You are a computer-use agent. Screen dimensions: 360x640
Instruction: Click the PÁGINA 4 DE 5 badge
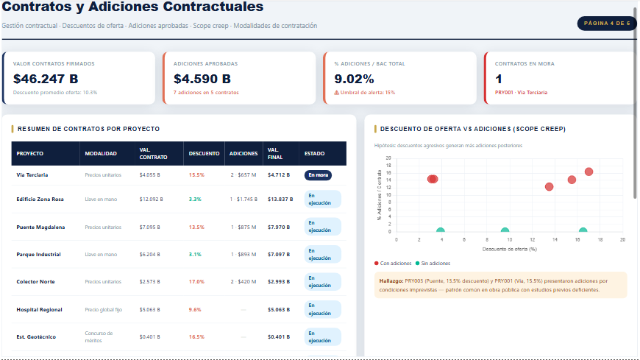pos(606,24)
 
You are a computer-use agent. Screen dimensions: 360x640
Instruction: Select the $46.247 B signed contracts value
pos(46,79)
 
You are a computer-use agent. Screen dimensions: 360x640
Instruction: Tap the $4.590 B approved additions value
pos(202,79)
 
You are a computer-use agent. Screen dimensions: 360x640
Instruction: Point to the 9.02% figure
pos(354,79)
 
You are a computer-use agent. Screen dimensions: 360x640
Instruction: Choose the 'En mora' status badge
pos(319,175)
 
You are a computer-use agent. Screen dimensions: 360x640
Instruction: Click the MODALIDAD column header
pos(101,154)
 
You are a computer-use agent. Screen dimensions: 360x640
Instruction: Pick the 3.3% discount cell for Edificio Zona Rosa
pos(195,200)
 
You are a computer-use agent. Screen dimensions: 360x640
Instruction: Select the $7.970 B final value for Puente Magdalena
pos(279,227)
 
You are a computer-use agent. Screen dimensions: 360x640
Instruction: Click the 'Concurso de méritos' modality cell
pos(99,336)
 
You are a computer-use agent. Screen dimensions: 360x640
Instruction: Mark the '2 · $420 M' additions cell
pos(242,282)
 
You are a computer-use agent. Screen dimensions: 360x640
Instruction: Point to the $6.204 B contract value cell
pos(150,255)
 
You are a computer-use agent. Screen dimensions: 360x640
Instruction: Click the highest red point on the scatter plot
pos(589,172)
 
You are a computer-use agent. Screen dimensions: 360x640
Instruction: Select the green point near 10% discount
pos(505,232)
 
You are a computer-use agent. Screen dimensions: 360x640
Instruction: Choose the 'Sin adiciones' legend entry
pos(435,263)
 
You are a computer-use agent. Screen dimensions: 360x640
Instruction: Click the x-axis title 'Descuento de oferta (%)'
pos(509,249)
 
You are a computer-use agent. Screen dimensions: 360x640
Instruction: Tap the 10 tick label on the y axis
pos(388,194)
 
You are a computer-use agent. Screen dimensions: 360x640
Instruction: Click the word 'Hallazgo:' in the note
pos(391,280)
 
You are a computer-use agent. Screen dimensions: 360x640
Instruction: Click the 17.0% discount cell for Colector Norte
pos(196,282)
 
